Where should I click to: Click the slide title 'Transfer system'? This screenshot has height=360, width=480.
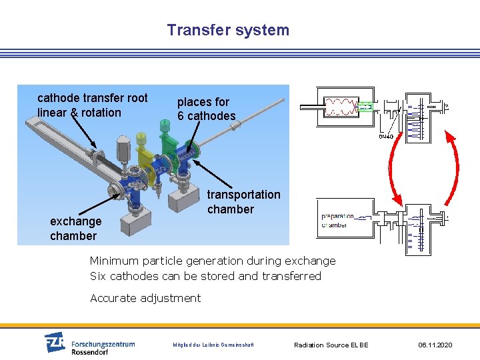(x=228, y=30)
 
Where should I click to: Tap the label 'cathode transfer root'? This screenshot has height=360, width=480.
(x=92, y=98)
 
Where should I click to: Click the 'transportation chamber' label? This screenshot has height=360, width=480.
(x=243, y=201)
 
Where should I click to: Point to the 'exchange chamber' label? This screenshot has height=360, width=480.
(x=75, y=228)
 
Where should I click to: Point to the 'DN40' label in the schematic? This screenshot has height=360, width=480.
(x=386, y=137)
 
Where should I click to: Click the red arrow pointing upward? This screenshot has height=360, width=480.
(x=453, y=163)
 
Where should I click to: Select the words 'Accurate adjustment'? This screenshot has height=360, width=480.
(x=145, y=298)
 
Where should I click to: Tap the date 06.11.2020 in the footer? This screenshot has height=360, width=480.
(x=435, y=345)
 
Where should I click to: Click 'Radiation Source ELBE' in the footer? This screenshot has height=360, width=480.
(x=331, y=345)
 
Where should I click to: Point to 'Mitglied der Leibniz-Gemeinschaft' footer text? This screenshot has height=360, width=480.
(x=213, y=345)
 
